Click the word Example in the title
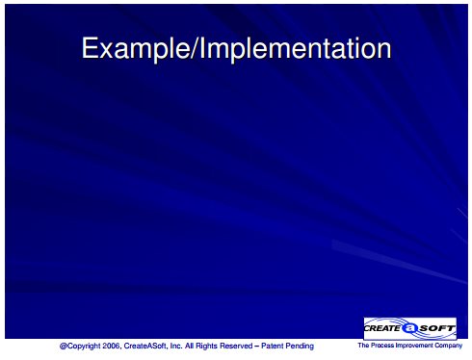coord(136,48)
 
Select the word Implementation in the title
coord(296,48)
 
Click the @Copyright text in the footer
coord(80,347)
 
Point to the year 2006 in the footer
coord(111,346)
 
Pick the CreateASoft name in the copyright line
coord(145,346)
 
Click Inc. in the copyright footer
coord(176,346)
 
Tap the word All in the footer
coord(189,346)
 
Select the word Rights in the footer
coord(206,347)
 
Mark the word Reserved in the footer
coord(236,346)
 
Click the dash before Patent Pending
coord(257,347)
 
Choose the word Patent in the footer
coord(272,346)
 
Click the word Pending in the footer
coord(300,347)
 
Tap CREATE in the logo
coord(382,328)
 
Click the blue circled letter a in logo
coord(410,328)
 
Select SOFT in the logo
coord(437,328)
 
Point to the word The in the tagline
coord(363,346)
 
